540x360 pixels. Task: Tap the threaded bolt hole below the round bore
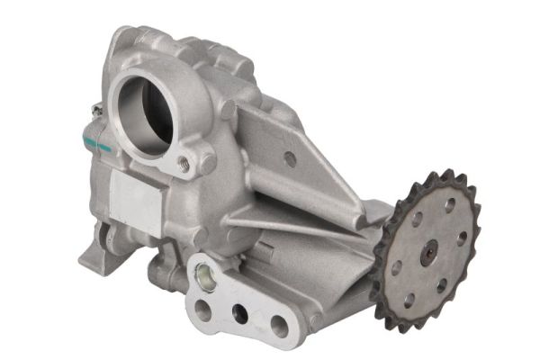tap(184, 163)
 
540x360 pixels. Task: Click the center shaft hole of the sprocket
tap(429, 253)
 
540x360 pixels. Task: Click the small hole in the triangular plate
tap(290, 159)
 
